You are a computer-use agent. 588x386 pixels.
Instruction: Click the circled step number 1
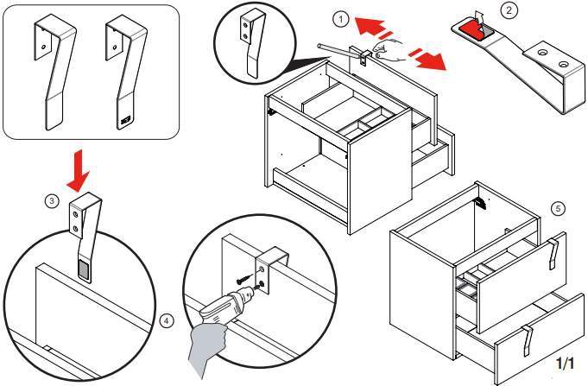click(342, 18)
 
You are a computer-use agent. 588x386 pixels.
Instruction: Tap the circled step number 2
click(510, 10)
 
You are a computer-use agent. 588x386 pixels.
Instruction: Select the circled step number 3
click(52, 201)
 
